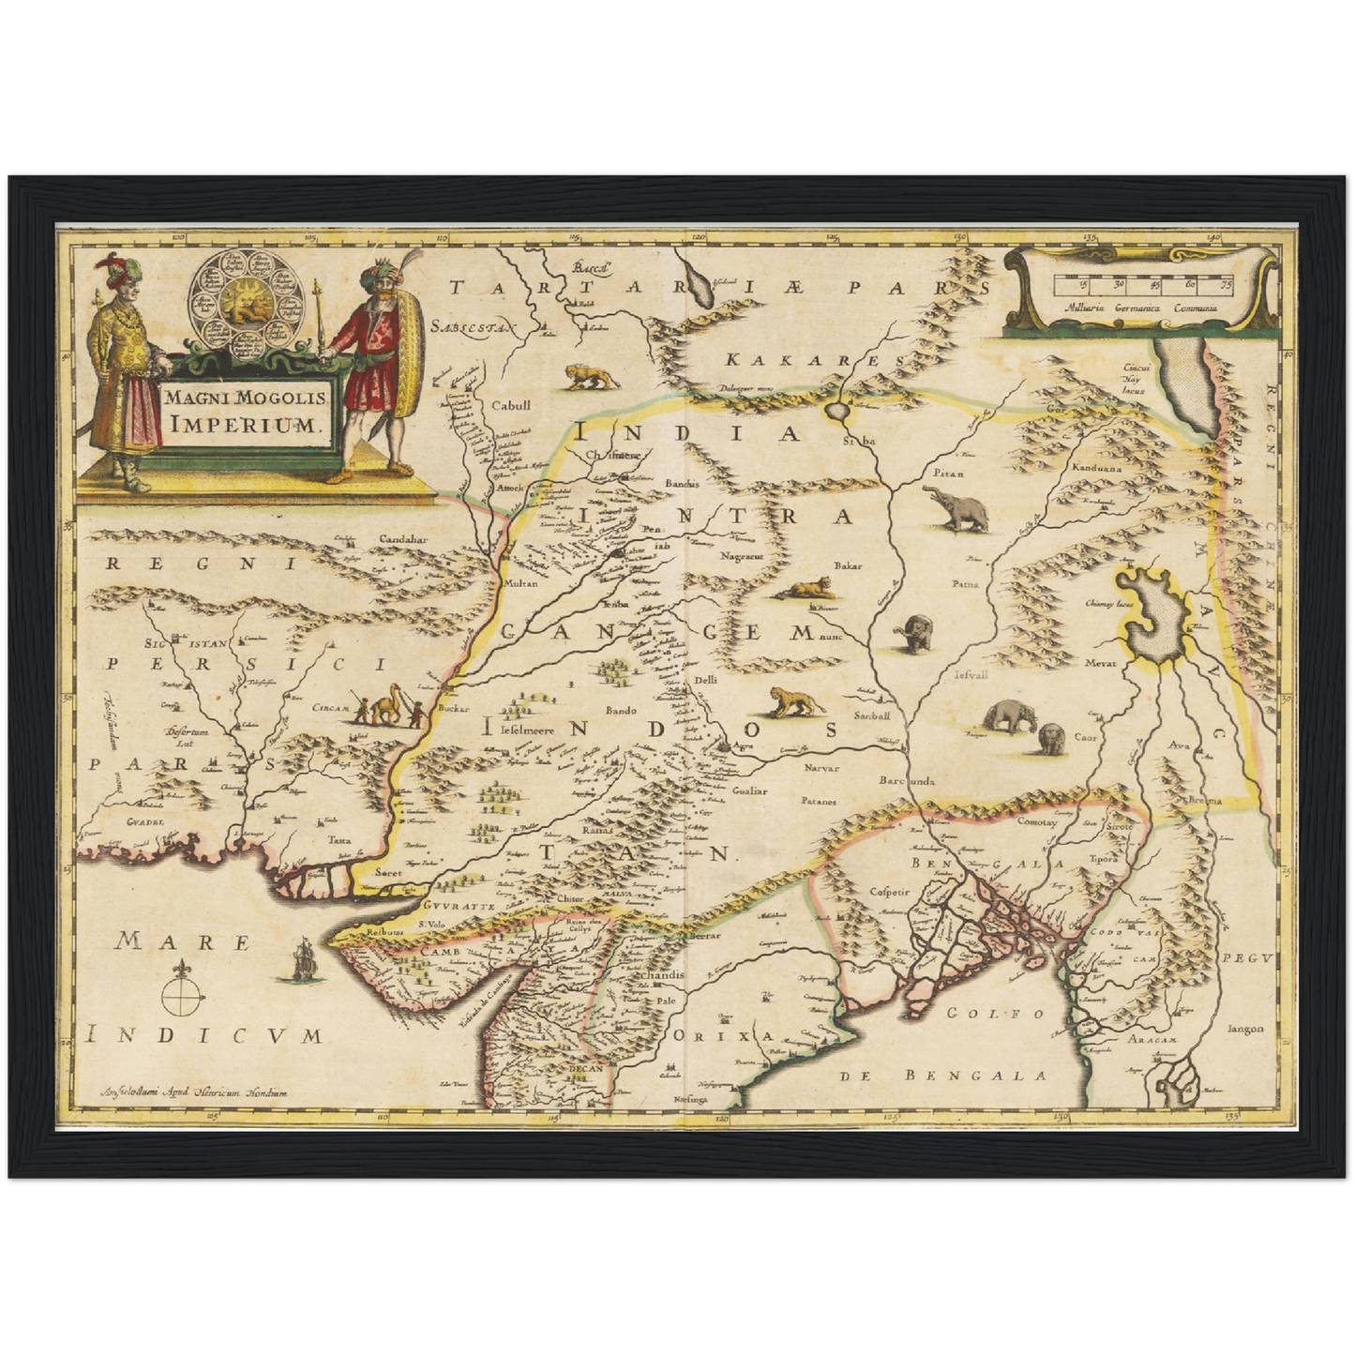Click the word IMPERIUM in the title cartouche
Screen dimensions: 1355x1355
click(x=247, y=423)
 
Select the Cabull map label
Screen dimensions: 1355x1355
click(x=511, y=406)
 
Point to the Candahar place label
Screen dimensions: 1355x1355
click(x=402, y=539)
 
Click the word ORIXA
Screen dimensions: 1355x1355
click(x=723, y=1036)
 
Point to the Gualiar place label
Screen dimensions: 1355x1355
click(x=749, y=790)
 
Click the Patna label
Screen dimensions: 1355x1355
click(x=965, y=583)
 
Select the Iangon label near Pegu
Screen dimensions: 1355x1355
click(x=1244, y=1028)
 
